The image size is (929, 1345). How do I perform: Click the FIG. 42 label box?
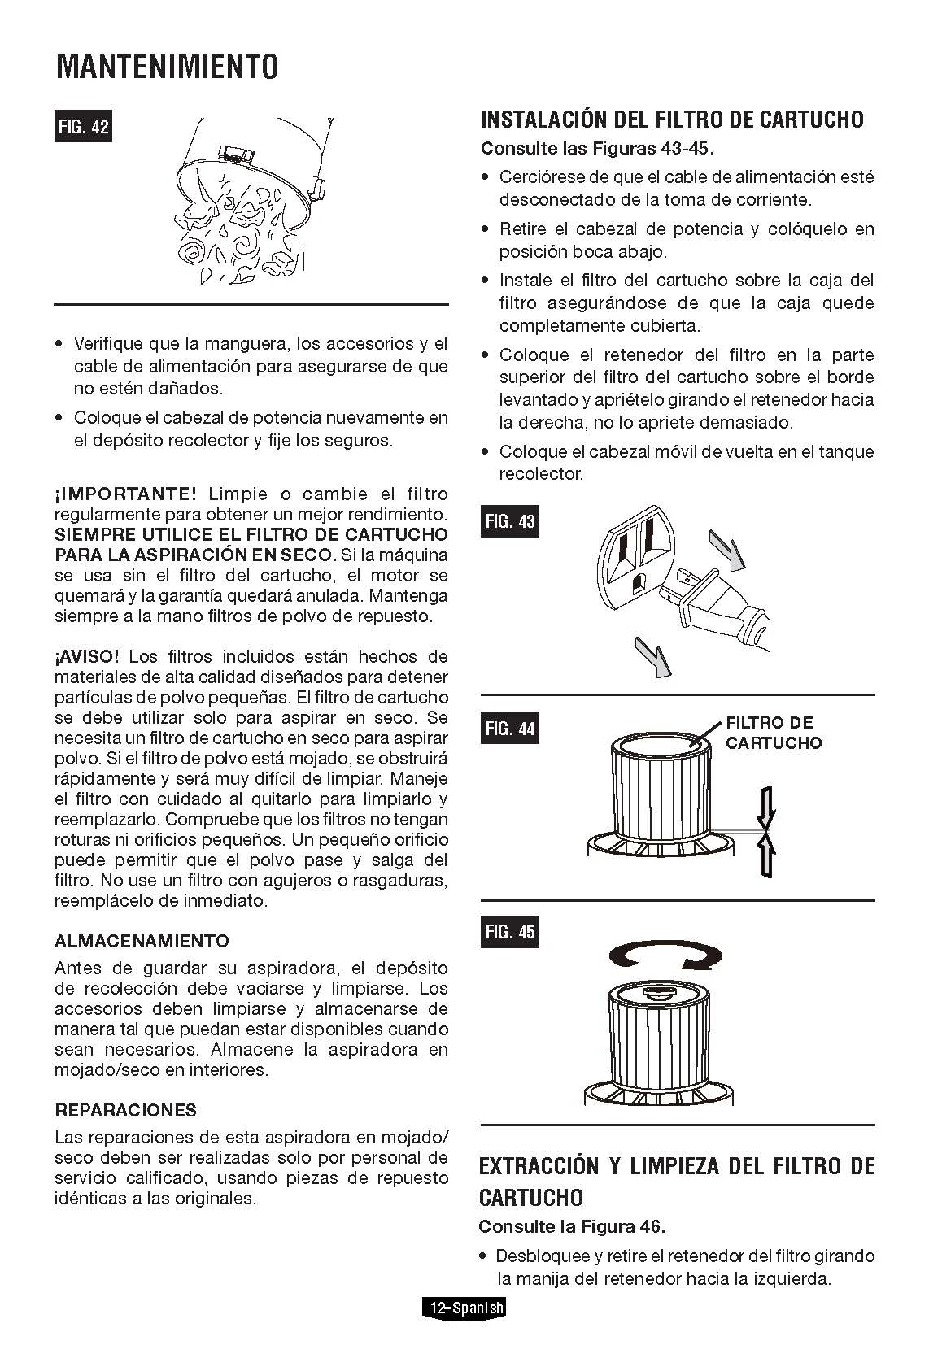(82, 127)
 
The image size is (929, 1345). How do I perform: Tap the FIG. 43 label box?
(510, 521)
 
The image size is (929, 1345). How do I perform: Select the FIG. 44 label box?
(510, 728)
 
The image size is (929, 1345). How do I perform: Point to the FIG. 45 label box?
(510, 932)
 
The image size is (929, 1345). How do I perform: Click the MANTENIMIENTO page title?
(167, 67)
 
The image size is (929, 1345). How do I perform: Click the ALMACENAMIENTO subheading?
(142, 941)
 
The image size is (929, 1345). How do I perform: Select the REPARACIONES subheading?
(125, 1110)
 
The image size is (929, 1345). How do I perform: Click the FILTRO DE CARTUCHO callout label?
(773, 733)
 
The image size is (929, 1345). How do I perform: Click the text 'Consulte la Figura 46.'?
(572, 1226)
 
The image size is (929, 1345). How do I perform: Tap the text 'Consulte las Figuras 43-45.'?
(597, 149)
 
